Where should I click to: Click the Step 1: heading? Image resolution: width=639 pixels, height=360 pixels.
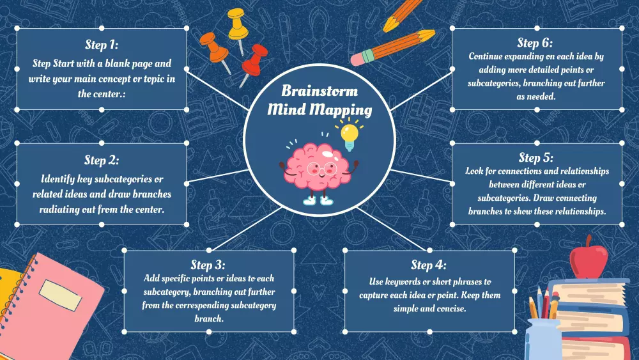coord(102,45)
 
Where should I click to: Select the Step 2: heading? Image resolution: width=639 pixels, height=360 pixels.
coord(102,160)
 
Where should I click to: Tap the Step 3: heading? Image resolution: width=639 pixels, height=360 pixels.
coord(208,265)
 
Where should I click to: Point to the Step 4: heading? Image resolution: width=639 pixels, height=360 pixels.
coord(429,265)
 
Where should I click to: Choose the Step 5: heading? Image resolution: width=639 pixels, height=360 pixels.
coord(536,157)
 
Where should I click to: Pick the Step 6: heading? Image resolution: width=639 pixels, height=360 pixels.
coord(536,43)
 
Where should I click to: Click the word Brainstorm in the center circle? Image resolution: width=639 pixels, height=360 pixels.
coord(319,91)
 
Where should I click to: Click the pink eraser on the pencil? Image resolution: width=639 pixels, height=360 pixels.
coord(361,59)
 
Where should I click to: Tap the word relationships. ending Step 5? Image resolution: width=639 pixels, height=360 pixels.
coord(573,211)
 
